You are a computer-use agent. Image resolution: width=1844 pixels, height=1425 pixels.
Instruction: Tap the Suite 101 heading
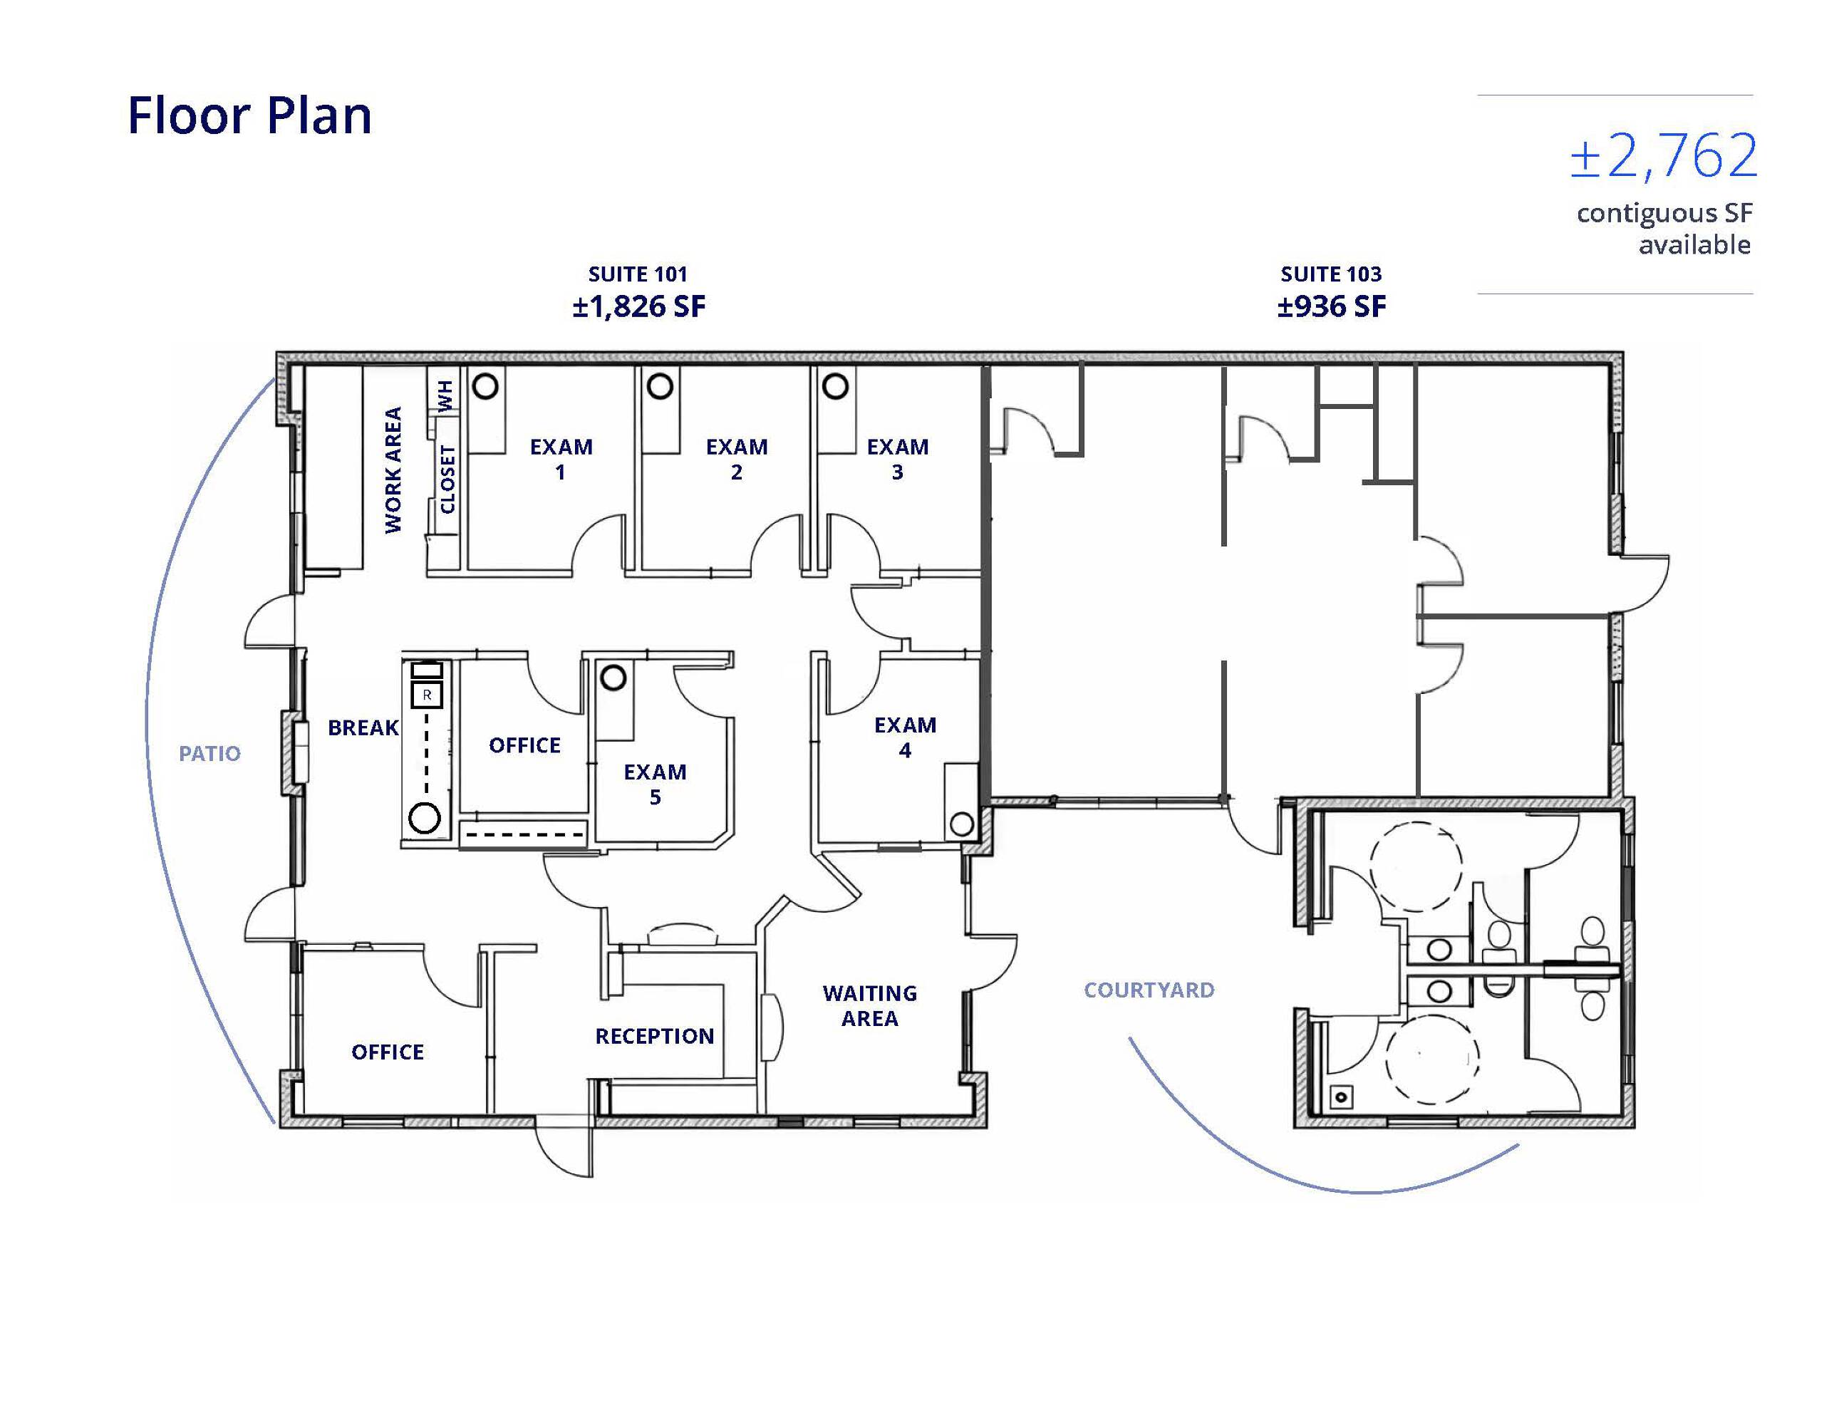pos(638,274)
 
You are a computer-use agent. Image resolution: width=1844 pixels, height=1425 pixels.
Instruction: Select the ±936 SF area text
pos(1332,306)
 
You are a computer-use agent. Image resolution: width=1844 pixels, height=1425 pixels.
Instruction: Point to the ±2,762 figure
pos(1663,156)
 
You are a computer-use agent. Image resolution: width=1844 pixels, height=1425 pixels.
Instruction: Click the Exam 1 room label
pos(561,460)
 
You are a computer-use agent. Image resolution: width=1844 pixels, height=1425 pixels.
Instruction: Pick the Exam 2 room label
pos(736,460)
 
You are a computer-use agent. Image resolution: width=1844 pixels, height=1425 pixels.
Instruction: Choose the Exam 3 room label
pos(898,460)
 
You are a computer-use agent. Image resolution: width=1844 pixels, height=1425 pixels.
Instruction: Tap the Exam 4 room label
pos(904,737)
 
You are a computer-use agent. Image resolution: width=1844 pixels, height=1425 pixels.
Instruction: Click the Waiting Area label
pos(870,1005)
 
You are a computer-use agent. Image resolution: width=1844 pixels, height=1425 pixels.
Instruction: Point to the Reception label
pos(654,1036)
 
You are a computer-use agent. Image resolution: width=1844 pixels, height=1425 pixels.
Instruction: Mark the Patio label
pos(209,753)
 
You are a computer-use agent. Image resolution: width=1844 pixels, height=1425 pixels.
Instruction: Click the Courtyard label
pos(1149,990)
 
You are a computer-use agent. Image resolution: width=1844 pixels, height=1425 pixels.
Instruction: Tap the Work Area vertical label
pos(393,470)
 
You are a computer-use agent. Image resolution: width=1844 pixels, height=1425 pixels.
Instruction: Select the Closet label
pos(447,480)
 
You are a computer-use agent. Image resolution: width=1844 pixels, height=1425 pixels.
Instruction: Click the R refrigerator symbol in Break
pos(428,695)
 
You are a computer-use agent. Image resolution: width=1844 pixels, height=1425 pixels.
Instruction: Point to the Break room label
pos(363,727)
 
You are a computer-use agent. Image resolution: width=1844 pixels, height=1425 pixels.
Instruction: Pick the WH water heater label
pos(446,395)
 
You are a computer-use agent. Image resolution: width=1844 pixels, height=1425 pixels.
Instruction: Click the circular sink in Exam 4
pos(962,824)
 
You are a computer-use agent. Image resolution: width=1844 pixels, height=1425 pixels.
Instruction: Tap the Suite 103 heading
pos(1331,274)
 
